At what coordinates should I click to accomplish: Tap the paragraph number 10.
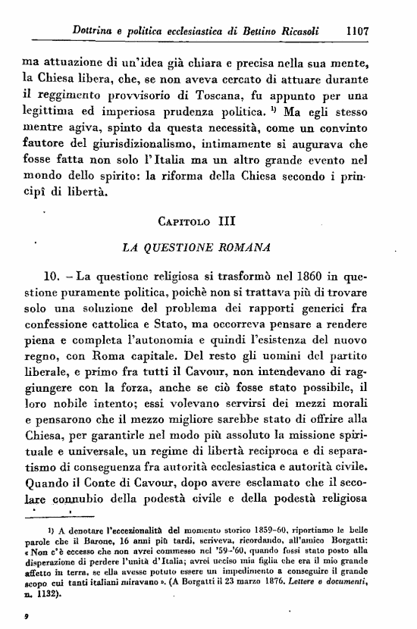pyautogui.click(x=57, y=277)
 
